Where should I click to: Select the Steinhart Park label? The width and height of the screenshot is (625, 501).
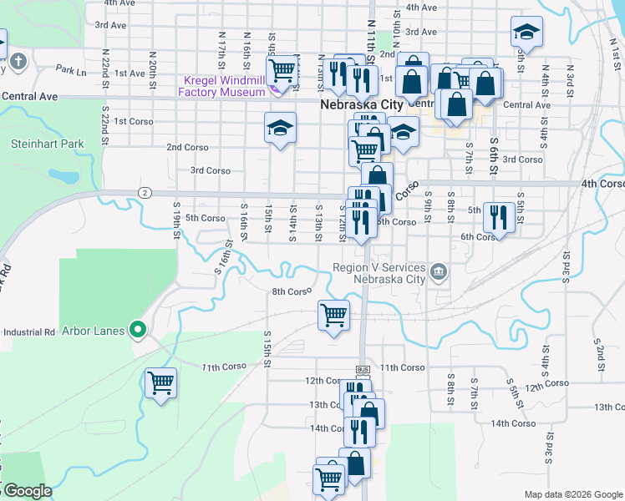tap(48, 144)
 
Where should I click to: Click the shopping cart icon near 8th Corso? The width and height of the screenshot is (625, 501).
tap(333, 315)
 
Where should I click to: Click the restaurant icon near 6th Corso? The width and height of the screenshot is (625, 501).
tap(498, 216)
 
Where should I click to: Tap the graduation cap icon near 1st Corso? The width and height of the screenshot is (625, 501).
tap(281, 128)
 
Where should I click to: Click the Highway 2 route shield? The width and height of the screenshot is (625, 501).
tap(145, 193)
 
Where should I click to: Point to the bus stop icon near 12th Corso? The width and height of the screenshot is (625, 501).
tap(362, 369)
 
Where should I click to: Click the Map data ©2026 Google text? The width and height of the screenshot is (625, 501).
tap(572, 494)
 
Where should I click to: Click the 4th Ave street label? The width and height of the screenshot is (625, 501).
tap(421, 8)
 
